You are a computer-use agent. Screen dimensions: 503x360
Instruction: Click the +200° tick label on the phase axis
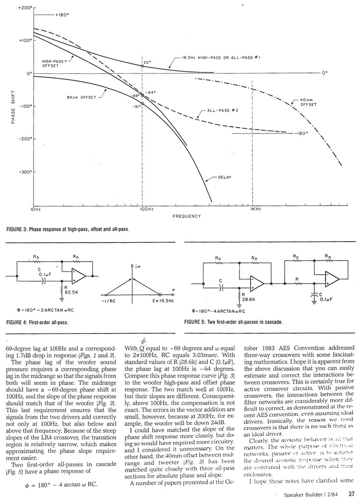tap(24, 9)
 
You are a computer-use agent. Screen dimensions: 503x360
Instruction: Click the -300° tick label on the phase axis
tap(24, 172)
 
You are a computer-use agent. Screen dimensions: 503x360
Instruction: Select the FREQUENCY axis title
tap(187, 216)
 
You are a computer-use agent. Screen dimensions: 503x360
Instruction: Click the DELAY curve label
tap(225, 177)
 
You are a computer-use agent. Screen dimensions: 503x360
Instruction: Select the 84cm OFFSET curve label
tap(82, 97)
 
